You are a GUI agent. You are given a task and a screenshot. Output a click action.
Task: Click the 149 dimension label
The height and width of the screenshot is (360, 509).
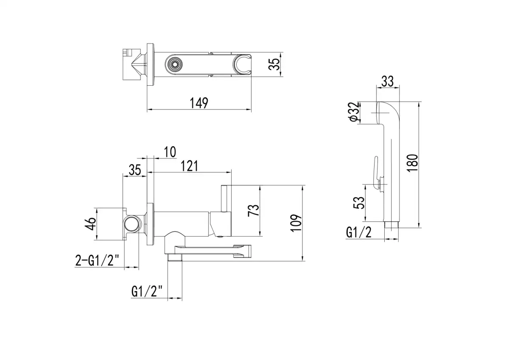(x=199, y=103)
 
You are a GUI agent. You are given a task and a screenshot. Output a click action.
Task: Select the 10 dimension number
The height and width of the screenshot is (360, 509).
(x=169, y=151)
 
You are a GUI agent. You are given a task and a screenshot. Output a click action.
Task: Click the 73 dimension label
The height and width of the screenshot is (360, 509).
(x=253, y=211)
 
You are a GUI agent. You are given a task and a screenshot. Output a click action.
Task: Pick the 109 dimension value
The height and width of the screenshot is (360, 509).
(x=297, y=223)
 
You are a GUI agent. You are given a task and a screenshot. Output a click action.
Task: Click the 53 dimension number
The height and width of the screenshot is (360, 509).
(x=359, y=203)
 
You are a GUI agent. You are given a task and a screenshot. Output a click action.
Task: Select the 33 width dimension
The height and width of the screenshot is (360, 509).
(x=387, y=81)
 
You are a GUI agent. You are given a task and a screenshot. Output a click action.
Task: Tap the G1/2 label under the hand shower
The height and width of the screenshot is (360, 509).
(x=359, y=232)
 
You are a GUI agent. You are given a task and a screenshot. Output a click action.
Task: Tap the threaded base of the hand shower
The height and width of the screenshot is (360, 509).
(x=392, y=224)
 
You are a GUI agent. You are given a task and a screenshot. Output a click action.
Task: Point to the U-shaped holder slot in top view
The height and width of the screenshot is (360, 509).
(x=243, y=64)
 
